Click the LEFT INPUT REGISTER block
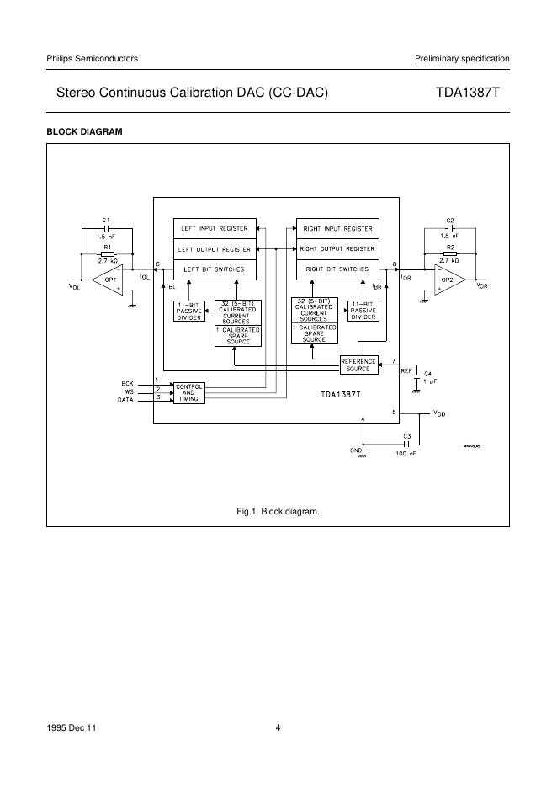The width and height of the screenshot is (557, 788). tap(215, 228)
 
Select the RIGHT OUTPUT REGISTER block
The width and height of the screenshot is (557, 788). tap(337, 249)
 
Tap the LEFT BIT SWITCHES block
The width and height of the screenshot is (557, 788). tap(215, 269)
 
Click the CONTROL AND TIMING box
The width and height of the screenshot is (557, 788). tap(188, 392)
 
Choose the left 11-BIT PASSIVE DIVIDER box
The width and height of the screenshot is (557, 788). tap(188, 311)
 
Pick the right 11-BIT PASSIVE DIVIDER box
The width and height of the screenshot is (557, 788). tap(363, 311)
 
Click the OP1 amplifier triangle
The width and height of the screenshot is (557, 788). tap(108, 280)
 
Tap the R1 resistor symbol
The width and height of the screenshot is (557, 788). tap(107, 253)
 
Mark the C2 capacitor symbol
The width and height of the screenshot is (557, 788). tap(450, 227)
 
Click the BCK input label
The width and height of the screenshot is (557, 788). tap(128, 384)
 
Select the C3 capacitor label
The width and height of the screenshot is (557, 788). tap(406, 437)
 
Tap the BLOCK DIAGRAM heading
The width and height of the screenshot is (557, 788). tap(84, 132)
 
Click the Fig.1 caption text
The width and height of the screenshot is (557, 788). tap(278, 511)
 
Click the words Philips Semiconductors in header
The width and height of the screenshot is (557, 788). tap(92, 58)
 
